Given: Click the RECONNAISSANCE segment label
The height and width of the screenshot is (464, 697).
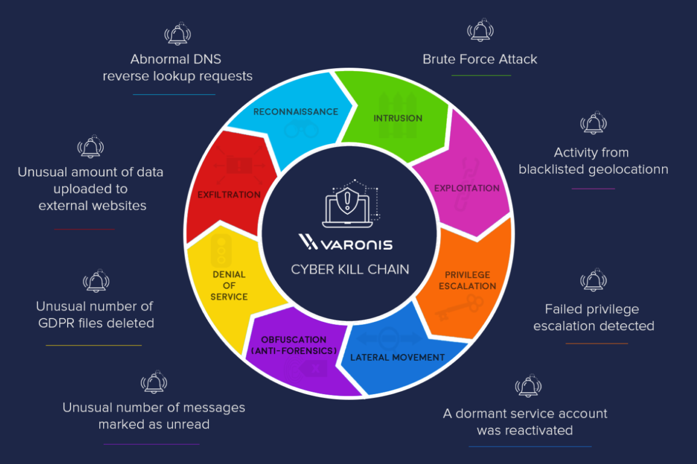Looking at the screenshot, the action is pos(296,112).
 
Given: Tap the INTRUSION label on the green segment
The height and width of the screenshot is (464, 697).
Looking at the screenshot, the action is pos(398,118).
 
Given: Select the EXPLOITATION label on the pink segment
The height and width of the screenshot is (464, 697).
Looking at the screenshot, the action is pos(467,188).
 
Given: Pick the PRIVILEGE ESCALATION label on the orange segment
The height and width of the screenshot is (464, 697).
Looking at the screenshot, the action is pos(467,280).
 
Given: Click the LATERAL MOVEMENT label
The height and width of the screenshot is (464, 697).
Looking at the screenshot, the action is pos(397,357).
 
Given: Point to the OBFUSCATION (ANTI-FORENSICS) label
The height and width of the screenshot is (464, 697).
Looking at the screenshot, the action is pos(294,345).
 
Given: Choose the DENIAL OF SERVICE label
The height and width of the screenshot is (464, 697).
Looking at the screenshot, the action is pos(229,286).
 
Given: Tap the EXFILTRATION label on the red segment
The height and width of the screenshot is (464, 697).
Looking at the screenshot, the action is pos(229,195).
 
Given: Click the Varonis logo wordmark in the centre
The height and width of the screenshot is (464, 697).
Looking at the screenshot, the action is pos(345,242).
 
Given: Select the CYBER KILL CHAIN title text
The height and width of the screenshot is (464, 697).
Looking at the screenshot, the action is pos(350,269).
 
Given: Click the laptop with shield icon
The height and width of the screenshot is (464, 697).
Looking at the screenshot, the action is pos(350,204).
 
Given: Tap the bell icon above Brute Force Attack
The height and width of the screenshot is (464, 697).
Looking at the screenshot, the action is pos(480,30).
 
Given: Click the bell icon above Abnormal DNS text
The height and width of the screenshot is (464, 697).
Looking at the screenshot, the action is pos(177,34).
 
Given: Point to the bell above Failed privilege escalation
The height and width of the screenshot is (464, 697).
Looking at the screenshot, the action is pos(593,280).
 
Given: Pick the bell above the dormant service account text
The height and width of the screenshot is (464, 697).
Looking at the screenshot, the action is pos(528,386).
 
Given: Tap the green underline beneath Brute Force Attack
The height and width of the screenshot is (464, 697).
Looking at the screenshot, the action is pos(481,76).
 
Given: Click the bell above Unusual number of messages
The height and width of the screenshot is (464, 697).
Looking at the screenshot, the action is pos(154,382).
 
